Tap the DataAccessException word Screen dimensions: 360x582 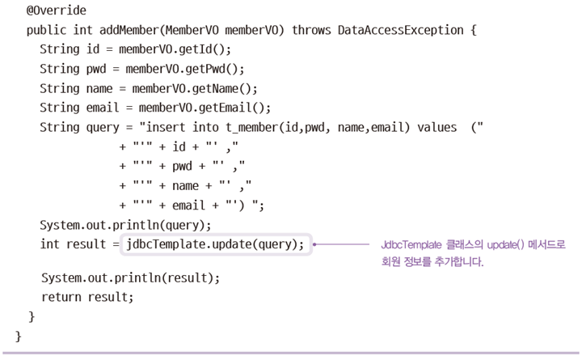tap(405, 31)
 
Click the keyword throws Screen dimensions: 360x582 tap(311, 31)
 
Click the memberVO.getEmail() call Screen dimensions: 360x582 tap(205, 107)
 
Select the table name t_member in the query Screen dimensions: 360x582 tap(242, 127)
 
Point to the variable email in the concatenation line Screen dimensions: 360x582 tap(189, 205)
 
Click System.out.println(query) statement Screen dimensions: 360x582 tap(125, 225)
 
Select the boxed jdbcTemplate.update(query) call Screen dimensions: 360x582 tap(216, 244)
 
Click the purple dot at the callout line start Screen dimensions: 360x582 tap(314, 244)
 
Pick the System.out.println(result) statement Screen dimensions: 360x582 tap(130, 277)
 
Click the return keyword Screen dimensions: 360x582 tap(61, 297)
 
